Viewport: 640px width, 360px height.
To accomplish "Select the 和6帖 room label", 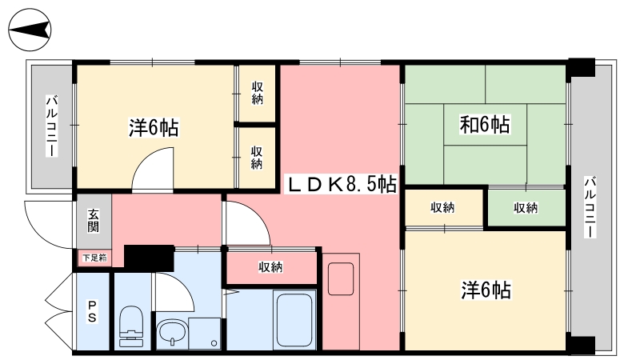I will coord(485,125).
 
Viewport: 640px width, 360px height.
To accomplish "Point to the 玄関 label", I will coord(94,219).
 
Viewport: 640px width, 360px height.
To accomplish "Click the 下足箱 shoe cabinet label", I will coord(94,258).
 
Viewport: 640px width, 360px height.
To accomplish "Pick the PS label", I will coord(93,311).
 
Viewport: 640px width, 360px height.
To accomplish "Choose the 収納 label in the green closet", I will coord(526,208).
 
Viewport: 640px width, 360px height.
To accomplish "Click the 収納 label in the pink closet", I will coord(270,266).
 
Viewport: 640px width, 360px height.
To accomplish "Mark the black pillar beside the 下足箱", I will coord(149,258).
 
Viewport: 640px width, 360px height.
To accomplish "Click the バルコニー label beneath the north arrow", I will coord(50,126).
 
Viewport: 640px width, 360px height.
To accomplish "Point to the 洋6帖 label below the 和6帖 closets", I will coord(486,289).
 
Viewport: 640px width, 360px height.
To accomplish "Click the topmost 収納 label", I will coord(257,93).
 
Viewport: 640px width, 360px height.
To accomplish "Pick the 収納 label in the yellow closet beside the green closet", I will coord(442,208).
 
